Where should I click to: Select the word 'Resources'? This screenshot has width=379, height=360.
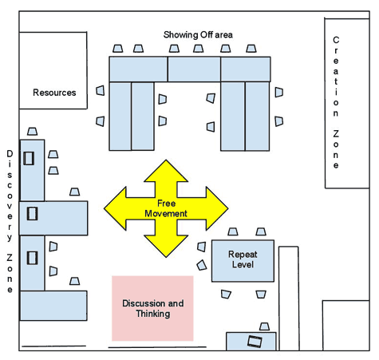(x=54, y=93)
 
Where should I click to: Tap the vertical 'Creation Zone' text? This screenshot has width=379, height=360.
(x=336, y=102)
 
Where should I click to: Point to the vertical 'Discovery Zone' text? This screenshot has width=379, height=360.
(x=10, y=220)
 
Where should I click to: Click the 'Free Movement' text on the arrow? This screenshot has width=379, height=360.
(x=166, y=209)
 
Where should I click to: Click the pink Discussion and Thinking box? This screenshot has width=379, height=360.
(x=152, y=308)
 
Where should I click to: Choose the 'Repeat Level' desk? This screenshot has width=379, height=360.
(x=243, y=259)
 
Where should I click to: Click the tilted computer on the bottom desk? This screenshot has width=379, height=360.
(x=255, y=342)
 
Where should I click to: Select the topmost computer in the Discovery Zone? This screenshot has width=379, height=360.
(x=30, y=157)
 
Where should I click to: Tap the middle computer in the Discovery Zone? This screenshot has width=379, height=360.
(x=32, y=214)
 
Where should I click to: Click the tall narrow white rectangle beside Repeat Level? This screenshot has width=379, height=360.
(x=288, y=295)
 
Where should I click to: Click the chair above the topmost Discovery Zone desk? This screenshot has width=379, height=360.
(x=33, y=131)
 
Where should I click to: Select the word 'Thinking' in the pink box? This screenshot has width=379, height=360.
(x=152, y=314)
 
